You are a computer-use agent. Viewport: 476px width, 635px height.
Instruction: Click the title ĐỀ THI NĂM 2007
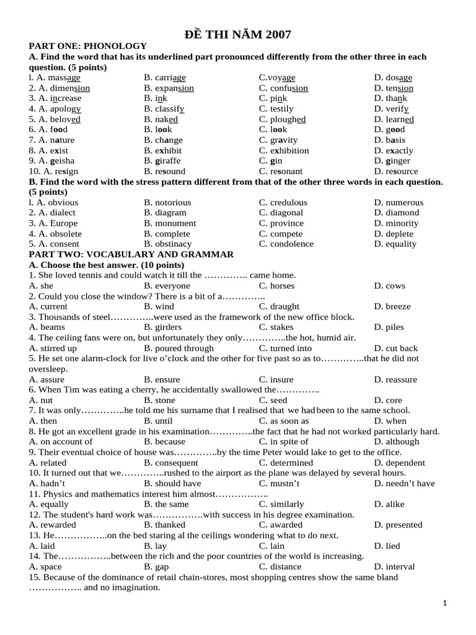tap(239, 34)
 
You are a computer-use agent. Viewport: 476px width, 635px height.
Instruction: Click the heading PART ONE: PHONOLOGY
tap(88, 46)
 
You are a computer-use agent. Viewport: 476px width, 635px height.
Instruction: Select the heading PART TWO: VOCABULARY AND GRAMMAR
tap(131, 254)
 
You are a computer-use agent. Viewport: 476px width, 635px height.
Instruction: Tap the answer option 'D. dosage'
tap(393, 78)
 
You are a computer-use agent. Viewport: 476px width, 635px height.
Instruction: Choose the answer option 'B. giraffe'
tap(164, 161)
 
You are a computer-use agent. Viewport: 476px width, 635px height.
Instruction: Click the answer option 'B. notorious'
tap(167, 202)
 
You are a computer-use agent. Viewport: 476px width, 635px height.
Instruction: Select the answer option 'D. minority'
tap(396, 223)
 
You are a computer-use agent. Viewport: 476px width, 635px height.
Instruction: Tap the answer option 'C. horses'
tap(276, 286)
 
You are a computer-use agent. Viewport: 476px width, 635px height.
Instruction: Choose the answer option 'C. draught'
tap(279, 306)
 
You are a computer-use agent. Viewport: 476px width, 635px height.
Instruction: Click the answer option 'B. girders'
tap(163, 327)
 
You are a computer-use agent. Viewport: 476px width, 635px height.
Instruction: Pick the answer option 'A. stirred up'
tap(53, 348)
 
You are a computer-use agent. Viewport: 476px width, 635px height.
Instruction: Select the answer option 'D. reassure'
tap(395, 380)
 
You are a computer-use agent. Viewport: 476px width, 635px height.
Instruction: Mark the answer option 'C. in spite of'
tap(284, 442)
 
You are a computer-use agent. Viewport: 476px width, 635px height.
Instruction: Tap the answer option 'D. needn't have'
tap(404, 483)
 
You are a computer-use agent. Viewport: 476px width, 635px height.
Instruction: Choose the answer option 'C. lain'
tap(272, 546)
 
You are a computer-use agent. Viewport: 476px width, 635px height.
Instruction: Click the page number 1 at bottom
tap(445, 603)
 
